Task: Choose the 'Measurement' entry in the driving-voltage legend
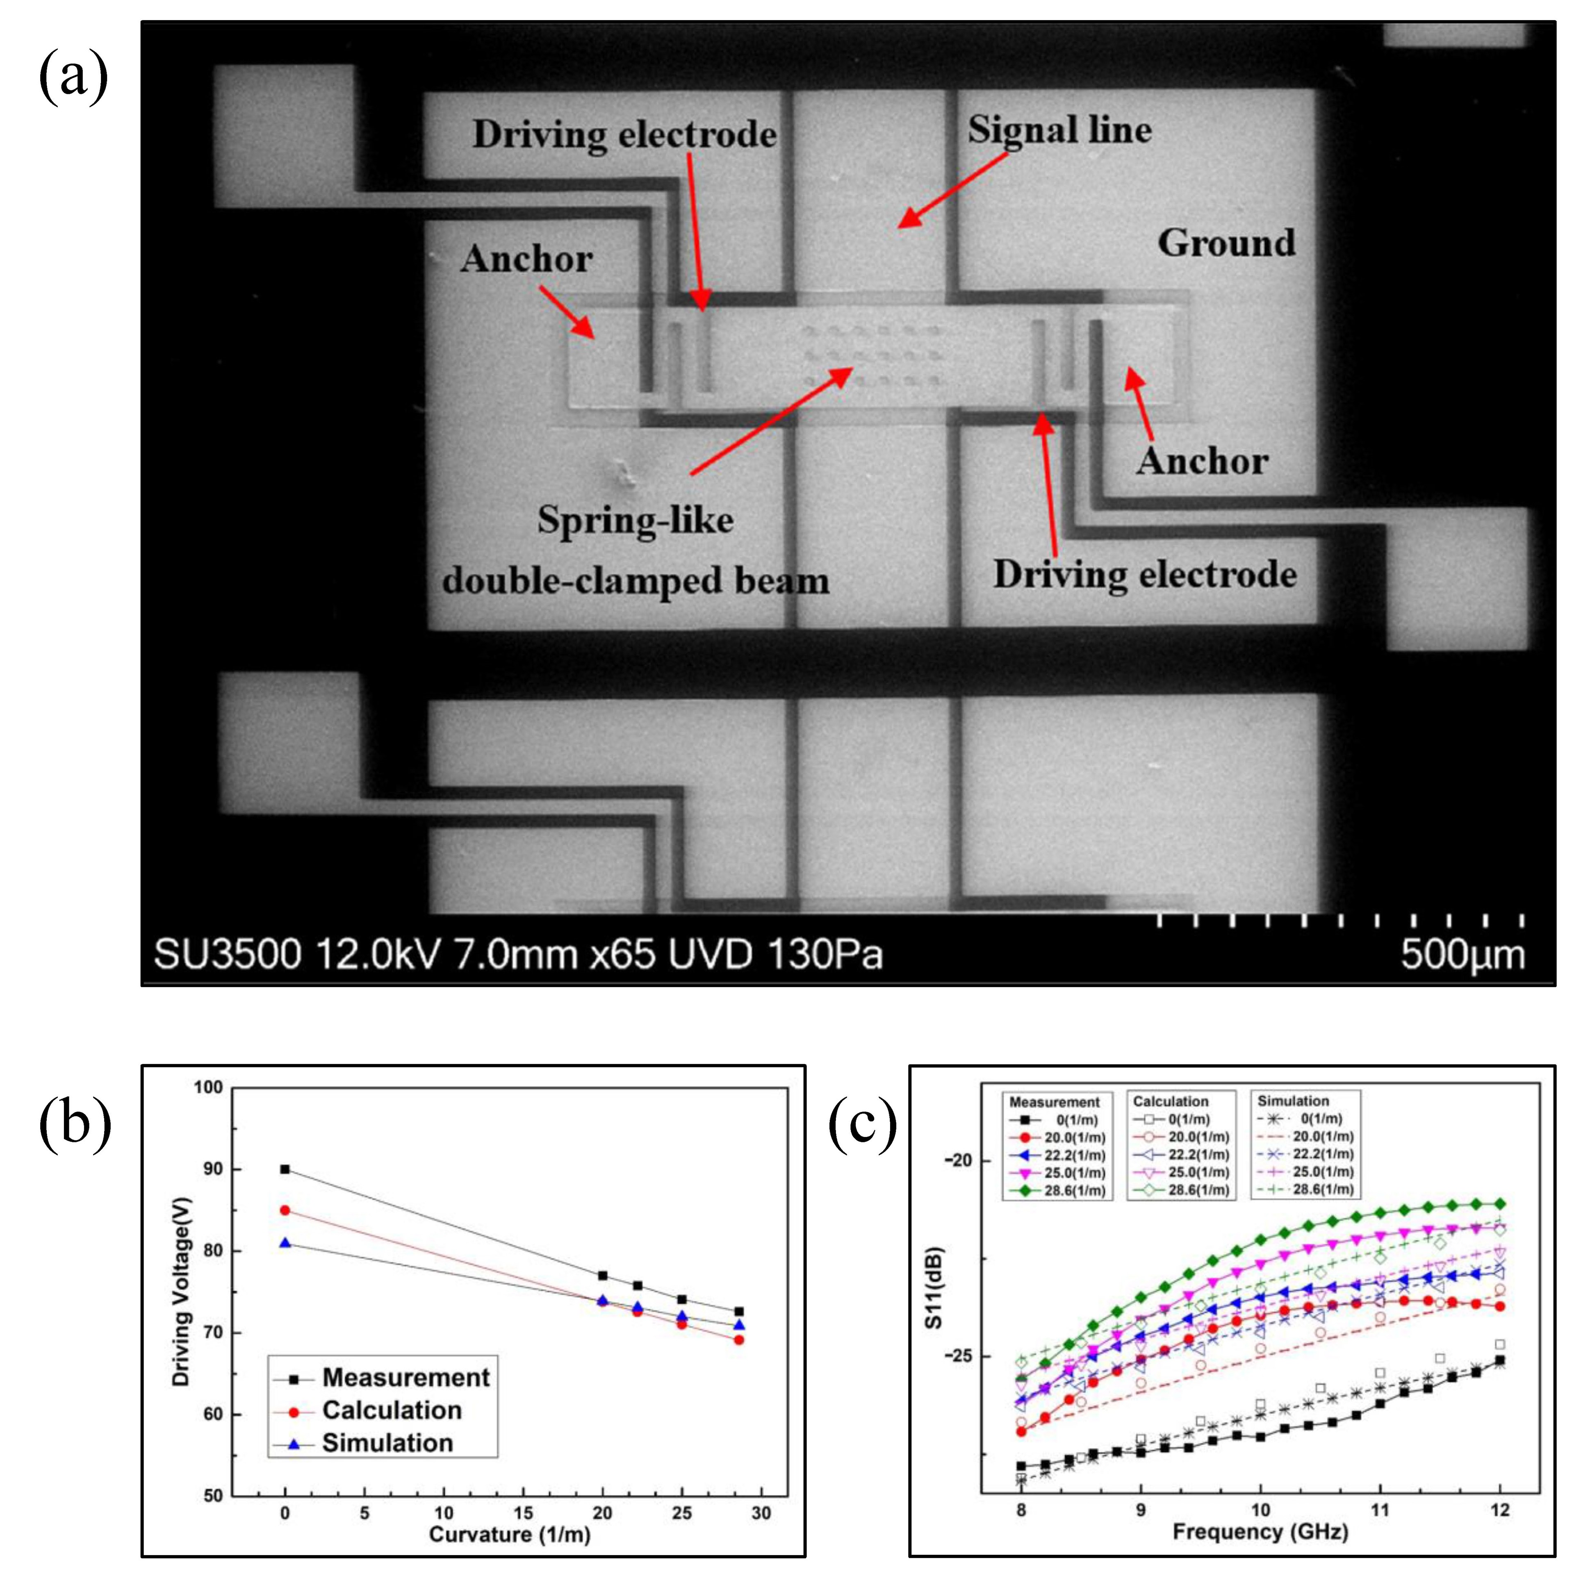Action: pyautogui.click(x=406, y=1377)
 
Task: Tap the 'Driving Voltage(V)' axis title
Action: pyautogui.click(x=181, y=1292)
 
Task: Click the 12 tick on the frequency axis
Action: pyautogui.click(x=1500, y=1509)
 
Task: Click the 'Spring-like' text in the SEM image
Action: pyautogui.click(x=635, y=519)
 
